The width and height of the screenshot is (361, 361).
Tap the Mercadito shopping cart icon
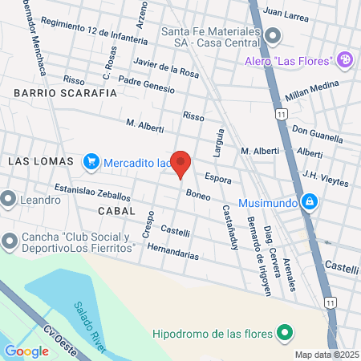tap(91, 162)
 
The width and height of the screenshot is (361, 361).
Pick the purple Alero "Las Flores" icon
tap(345, 59)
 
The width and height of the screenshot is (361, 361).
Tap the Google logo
tap(26, 351)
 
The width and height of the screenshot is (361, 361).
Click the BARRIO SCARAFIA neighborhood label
tap(65, 93)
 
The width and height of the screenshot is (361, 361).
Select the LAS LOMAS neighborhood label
tap(40, 161)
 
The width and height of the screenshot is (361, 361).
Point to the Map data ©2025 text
tap(325, 355)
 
